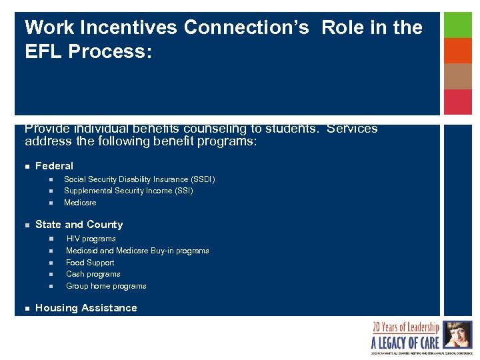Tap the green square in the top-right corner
(x=458, y=25)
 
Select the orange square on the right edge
(x=458, y=51)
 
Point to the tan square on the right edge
(x=458, y=76)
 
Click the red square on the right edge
(x=458, y=102)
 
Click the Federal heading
(x=54, y=166)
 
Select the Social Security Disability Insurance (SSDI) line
(x=139, y=179)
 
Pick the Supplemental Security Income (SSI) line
(x=129, y=191)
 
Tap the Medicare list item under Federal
(x=80, y=203)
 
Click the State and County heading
(x=79, y=225)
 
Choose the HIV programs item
(x=91, y=239)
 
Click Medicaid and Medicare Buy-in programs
(x=137, y=251)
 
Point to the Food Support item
(x=90, y=263)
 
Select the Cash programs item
(x=93, y=274)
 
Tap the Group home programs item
(x=106, y=286)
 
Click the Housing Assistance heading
(x=86, y=308)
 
